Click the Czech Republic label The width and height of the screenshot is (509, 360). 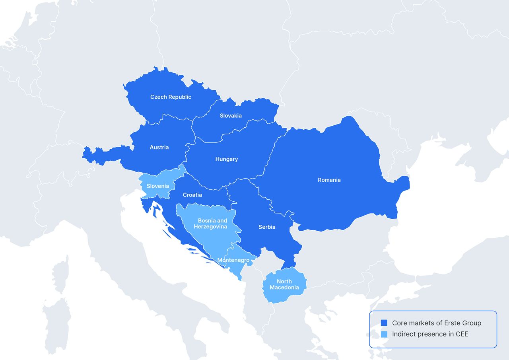point(171,97)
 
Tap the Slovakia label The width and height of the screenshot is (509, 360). point(231,116)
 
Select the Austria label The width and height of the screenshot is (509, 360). point(159,148)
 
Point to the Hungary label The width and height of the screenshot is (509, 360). point(227,159)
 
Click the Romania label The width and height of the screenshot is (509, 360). point(329,180)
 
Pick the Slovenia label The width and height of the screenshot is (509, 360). point(157,186)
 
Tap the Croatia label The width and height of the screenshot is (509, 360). point(192,195)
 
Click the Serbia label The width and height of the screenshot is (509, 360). point(267,227)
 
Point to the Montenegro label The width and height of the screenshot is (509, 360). point(233,260)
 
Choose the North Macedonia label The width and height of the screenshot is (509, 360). point(284,284)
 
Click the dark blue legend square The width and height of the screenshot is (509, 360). point(384,323)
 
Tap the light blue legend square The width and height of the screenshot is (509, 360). point(384,334)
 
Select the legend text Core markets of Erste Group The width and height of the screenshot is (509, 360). point(436,323)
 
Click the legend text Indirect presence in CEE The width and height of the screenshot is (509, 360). point(430,334)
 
